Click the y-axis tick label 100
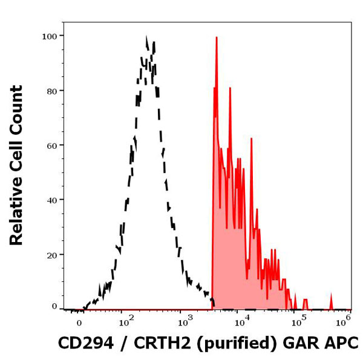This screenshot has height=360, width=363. [50, 36]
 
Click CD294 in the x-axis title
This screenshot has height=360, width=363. [84, 343]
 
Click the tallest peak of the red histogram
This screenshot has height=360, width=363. [216, 38]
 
